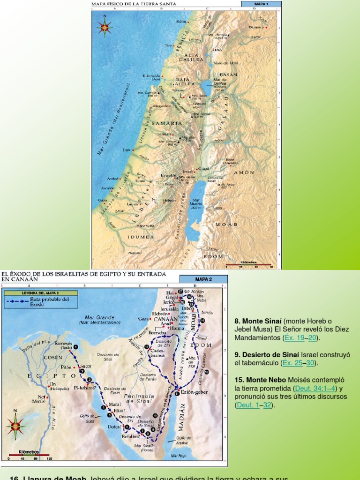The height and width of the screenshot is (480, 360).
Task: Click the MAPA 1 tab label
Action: (x=261, y=4)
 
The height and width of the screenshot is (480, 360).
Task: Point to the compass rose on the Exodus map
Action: (x=15, y=426)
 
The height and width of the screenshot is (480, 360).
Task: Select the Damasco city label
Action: (x=256, y=28)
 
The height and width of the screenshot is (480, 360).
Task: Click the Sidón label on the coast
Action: (x=182, y=22)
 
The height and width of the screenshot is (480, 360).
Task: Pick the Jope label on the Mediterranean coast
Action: (x=127, y=150)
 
